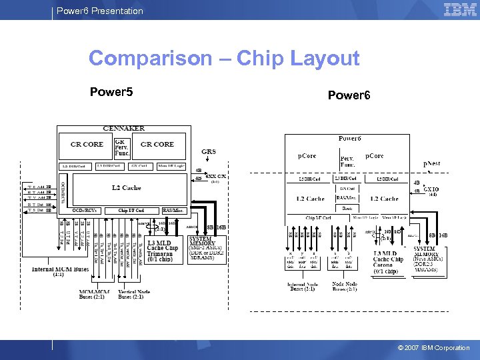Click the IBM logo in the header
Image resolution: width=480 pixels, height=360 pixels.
pos(460,9)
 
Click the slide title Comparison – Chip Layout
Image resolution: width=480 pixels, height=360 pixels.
pos(224,59)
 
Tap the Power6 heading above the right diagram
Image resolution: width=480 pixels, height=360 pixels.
pos(349,95)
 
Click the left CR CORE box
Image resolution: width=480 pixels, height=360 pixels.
pos(87,144)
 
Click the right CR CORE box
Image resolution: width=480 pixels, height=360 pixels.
pos(158,144)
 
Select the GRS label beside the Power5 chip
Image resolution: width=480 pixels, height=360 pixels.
pos(208,152)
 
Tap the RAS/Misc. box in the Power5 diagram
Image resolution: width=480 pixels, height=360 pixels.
pos(173,211)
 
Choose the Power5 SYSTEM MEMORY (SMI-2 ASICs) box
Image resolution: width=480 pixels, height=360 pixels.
pos(209,247)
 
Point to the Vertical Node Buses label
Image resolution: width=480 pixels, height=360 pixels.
pos(134,295)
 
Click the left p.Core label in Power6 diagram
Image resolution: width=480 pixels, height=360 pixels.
pos(307,156)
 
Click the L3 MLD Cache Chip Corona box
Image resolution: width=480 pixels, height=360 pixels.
pos(387,263)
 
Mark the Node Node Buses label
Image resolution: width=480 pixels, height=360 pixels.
pos(344,287)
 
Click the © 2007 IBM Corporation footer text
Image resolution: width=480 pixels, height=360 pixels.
pos(433,348)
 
